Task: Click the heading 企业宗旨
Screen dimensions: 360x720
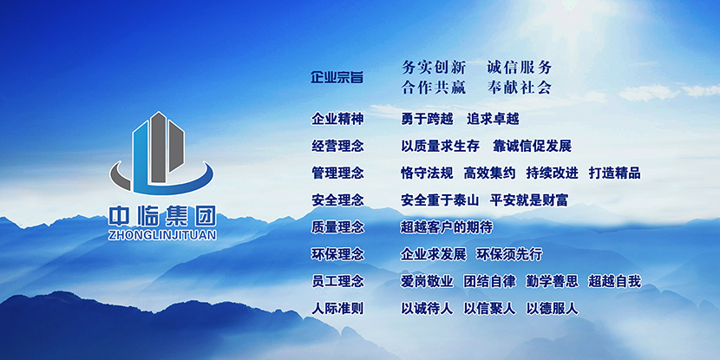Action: (337, 77)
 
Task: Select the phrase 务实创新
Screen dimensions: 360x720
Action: (434, 67)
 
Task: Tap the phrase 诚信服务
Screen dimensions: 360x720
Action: (520, 67)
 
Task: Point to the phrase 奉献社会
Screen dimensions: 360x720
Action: (520, 87)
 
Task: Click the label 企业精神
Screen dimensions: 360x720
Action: (337, 118)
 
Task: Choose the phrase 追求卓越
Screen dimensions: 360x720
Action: (493, 118)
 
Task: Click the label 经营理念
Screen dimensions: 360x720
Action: (337, 145)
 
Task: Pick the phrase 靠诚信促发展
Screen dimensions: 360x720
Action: (532, 145)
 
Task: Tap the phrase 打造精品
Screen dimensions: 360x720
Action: (614, 173)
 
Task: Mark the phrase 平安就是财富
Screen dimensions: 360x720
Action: (529, 200)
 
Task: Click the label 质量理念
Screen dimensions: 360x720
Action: (337, 227)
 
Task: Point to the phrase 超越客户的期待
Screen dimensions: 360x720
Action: (446, 227)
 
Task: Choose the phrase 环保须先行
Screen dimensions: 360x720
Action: (509, 254)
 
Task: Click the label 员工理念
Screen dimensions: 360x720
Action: (337, 281)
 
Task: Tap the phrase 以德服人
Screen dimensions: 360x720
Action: (552, 308)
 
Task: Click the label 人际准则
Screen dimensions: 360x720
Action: (337, 308)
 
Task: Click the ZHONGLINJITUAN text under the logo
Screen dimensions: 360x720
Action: (161, 234)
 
